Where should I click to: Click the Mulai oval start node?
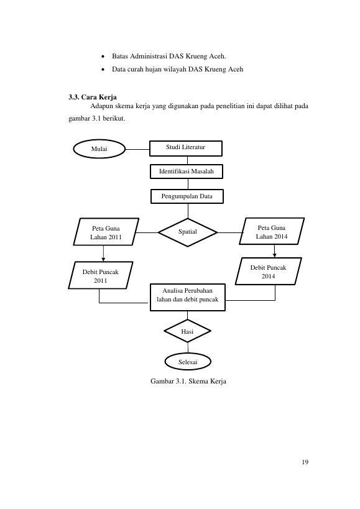(x=99, y=149)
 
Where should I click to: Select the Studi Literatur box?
(x=186, y=149)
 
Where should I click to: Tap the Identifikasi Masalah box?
(x=187, y=172)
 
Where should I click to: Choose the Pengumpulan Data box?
(x=187, y=196)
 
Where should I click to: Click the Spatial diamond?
(x=188, y=232)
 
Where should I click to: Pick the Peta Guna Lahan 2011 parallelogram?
(x=106, y=232)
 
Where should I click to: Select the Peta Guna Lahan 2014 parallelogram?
(x=272, y=231)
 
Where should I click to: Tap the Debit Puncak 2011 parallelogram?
(x=101, y=275)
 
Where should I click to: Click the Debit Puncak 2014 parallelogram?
(x=269, y=272)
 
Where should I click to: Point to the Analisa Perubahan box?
(x=188, y=297)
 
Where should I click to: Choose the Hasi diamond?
(x=187, y=331)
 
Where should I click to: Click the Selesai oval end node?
(x=188, y=362)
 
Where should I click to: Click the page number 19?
(x=305, y=462)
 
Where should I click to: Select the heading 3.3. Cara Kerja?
(x=93, y=97)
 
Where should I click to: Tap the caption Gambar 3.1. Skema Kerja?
(x=188, y=381)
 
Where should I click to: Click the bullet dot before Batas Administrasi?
(x=103, y=57)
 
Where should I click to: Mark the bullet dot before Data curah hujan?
(x=103, y=70)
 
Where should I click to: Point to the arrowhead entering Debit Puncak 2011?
(x=103, y=259)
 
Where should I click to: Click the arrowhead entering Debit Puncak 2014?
(x=275, y=255)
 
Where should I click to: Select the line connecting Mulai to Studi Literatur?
(x=137, y=149)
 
